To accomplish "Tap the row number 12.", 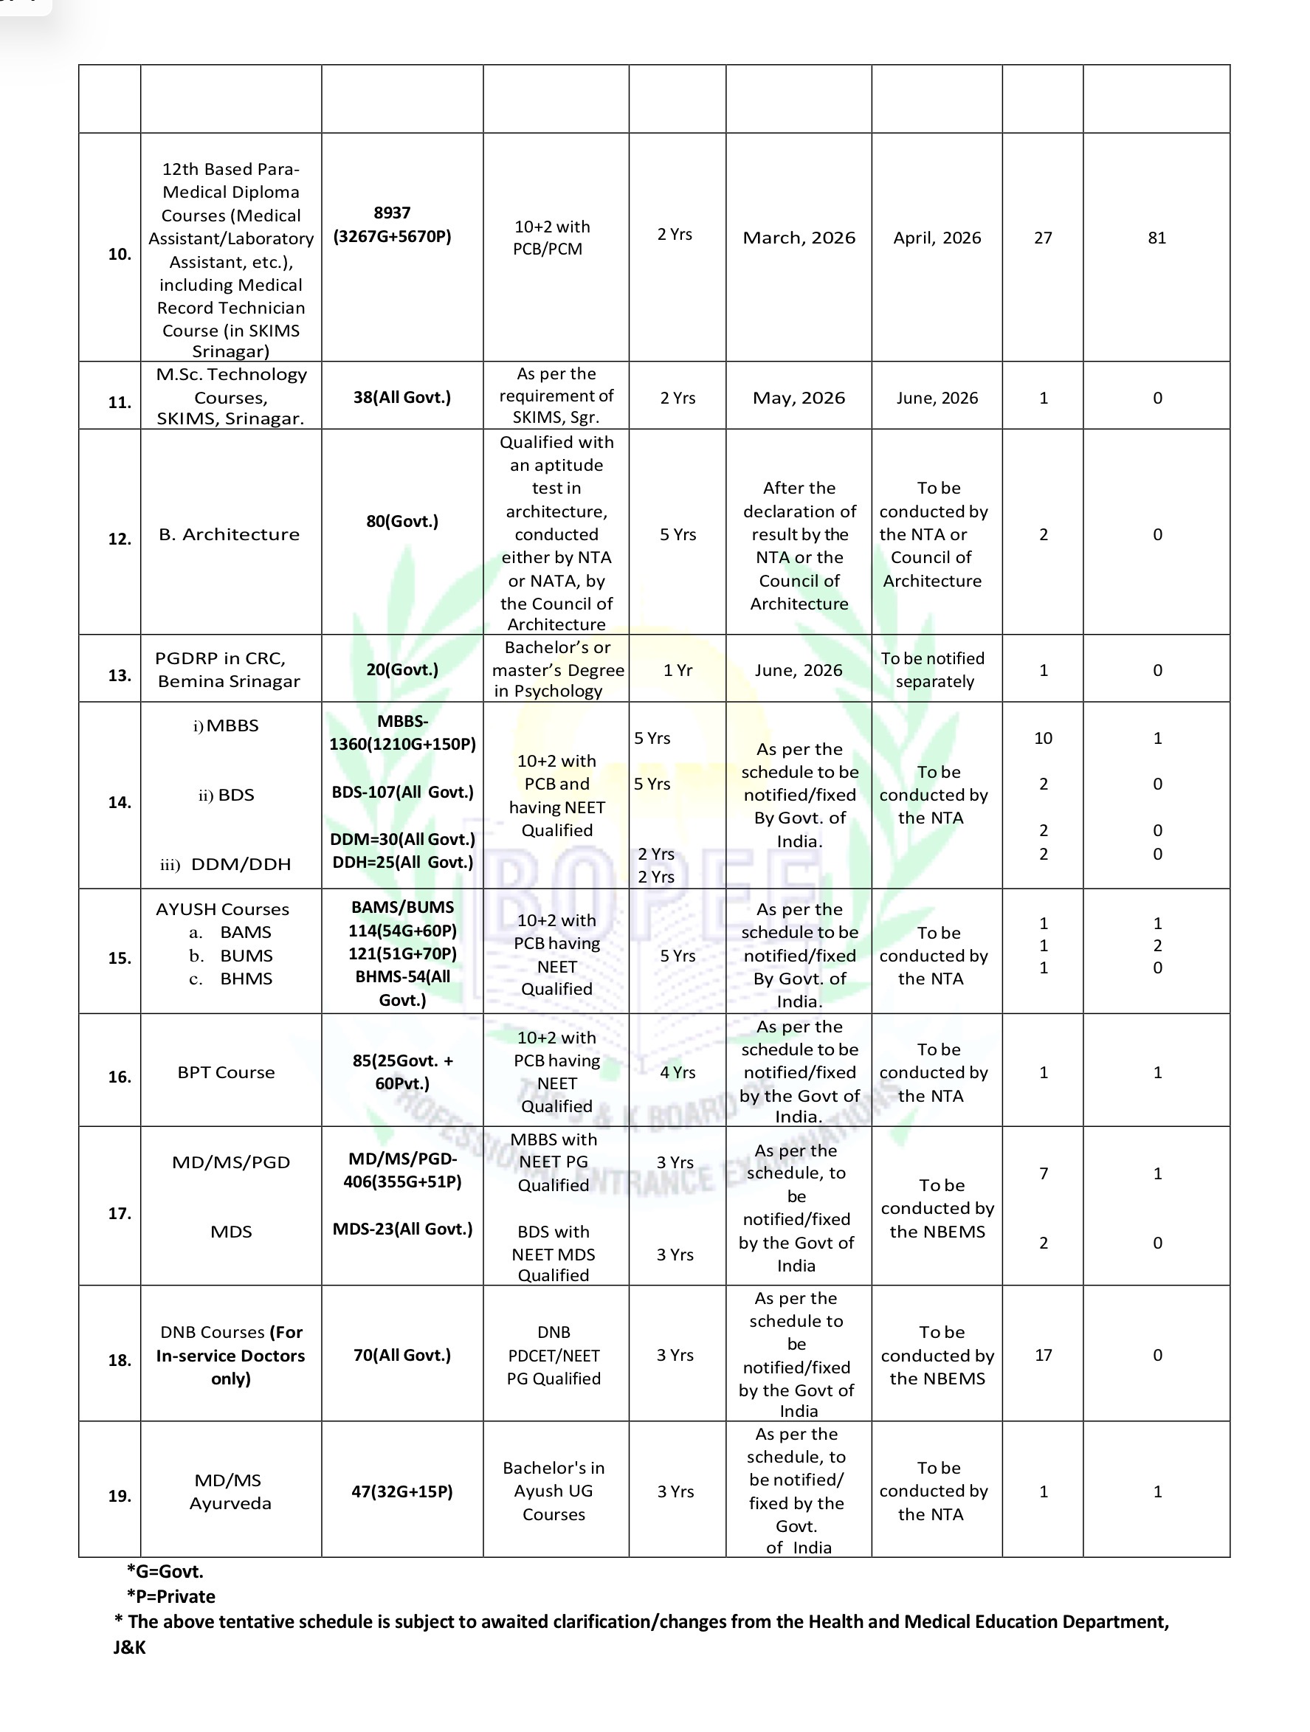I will (x=119, y=539).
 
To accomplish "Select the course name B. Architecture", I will (x=229, y=534).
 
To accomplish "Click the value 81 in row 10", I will (x=1156, y=238).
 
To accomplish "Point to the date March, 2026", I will (x=799, y=238).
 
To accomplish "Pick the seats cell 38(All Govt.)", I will (x=401, y=398).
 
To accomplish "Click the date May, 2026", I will (x=799, y=398).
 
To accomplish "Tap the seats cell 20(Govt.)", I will (x=401, y=669).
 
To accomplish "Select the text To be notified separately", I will (x=934, y=669).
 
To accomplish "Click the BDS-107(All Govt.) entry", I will (x=402, y=793).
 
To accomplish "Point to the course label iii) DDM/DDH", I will (x=226, y=864).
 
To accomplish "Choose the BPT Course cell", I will (x=227, y=1072).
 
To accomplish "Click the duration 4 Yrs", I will (x=678, y=1072).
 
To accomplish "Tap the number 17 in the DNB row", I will (x=1043, y=1355).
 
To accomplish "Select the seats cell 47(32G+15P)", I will (x=401, y=1491).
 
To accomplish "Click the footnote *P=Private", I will (x=170, y=1596).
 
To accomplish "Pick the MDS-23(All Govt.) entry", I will (x=402, y=1229).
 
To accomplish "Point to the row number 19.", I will (x=119, y=1497).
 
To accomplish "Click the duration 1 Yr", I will (x=678, y=670).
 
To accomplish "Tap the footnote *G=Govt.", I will (x=165, y=1571).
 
